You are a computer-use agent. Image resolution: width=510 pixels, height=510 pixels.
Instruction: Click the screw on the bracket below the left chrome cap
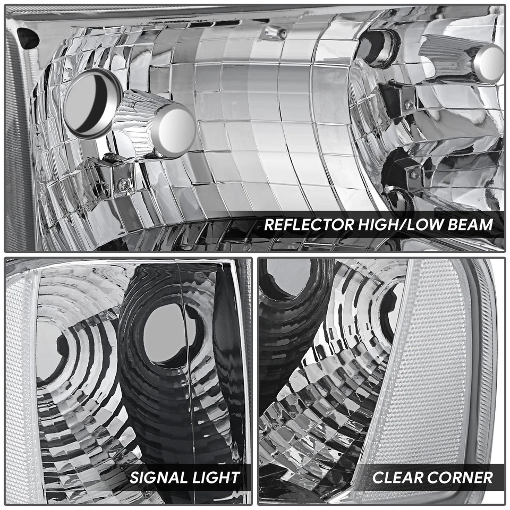point(123,183)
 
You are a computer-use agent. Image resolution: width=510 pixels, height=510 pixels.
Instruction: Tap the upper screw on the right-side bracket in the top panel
point(409,105)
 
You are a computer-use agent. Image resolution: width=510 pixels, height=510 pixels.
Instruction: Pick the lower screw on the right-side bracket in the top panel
point(414,174)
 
